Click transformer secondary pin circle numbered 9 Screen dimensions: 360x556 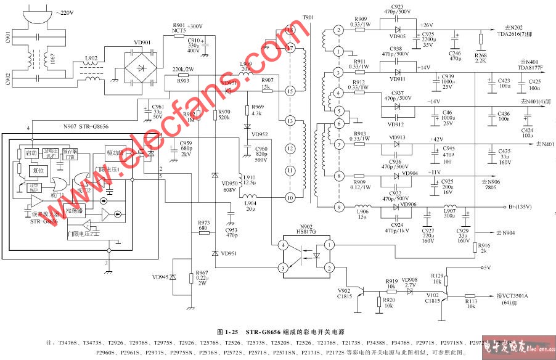click(x=337, y=207)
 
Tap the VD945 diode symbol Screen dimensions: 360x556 click(x=173, y=278)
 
